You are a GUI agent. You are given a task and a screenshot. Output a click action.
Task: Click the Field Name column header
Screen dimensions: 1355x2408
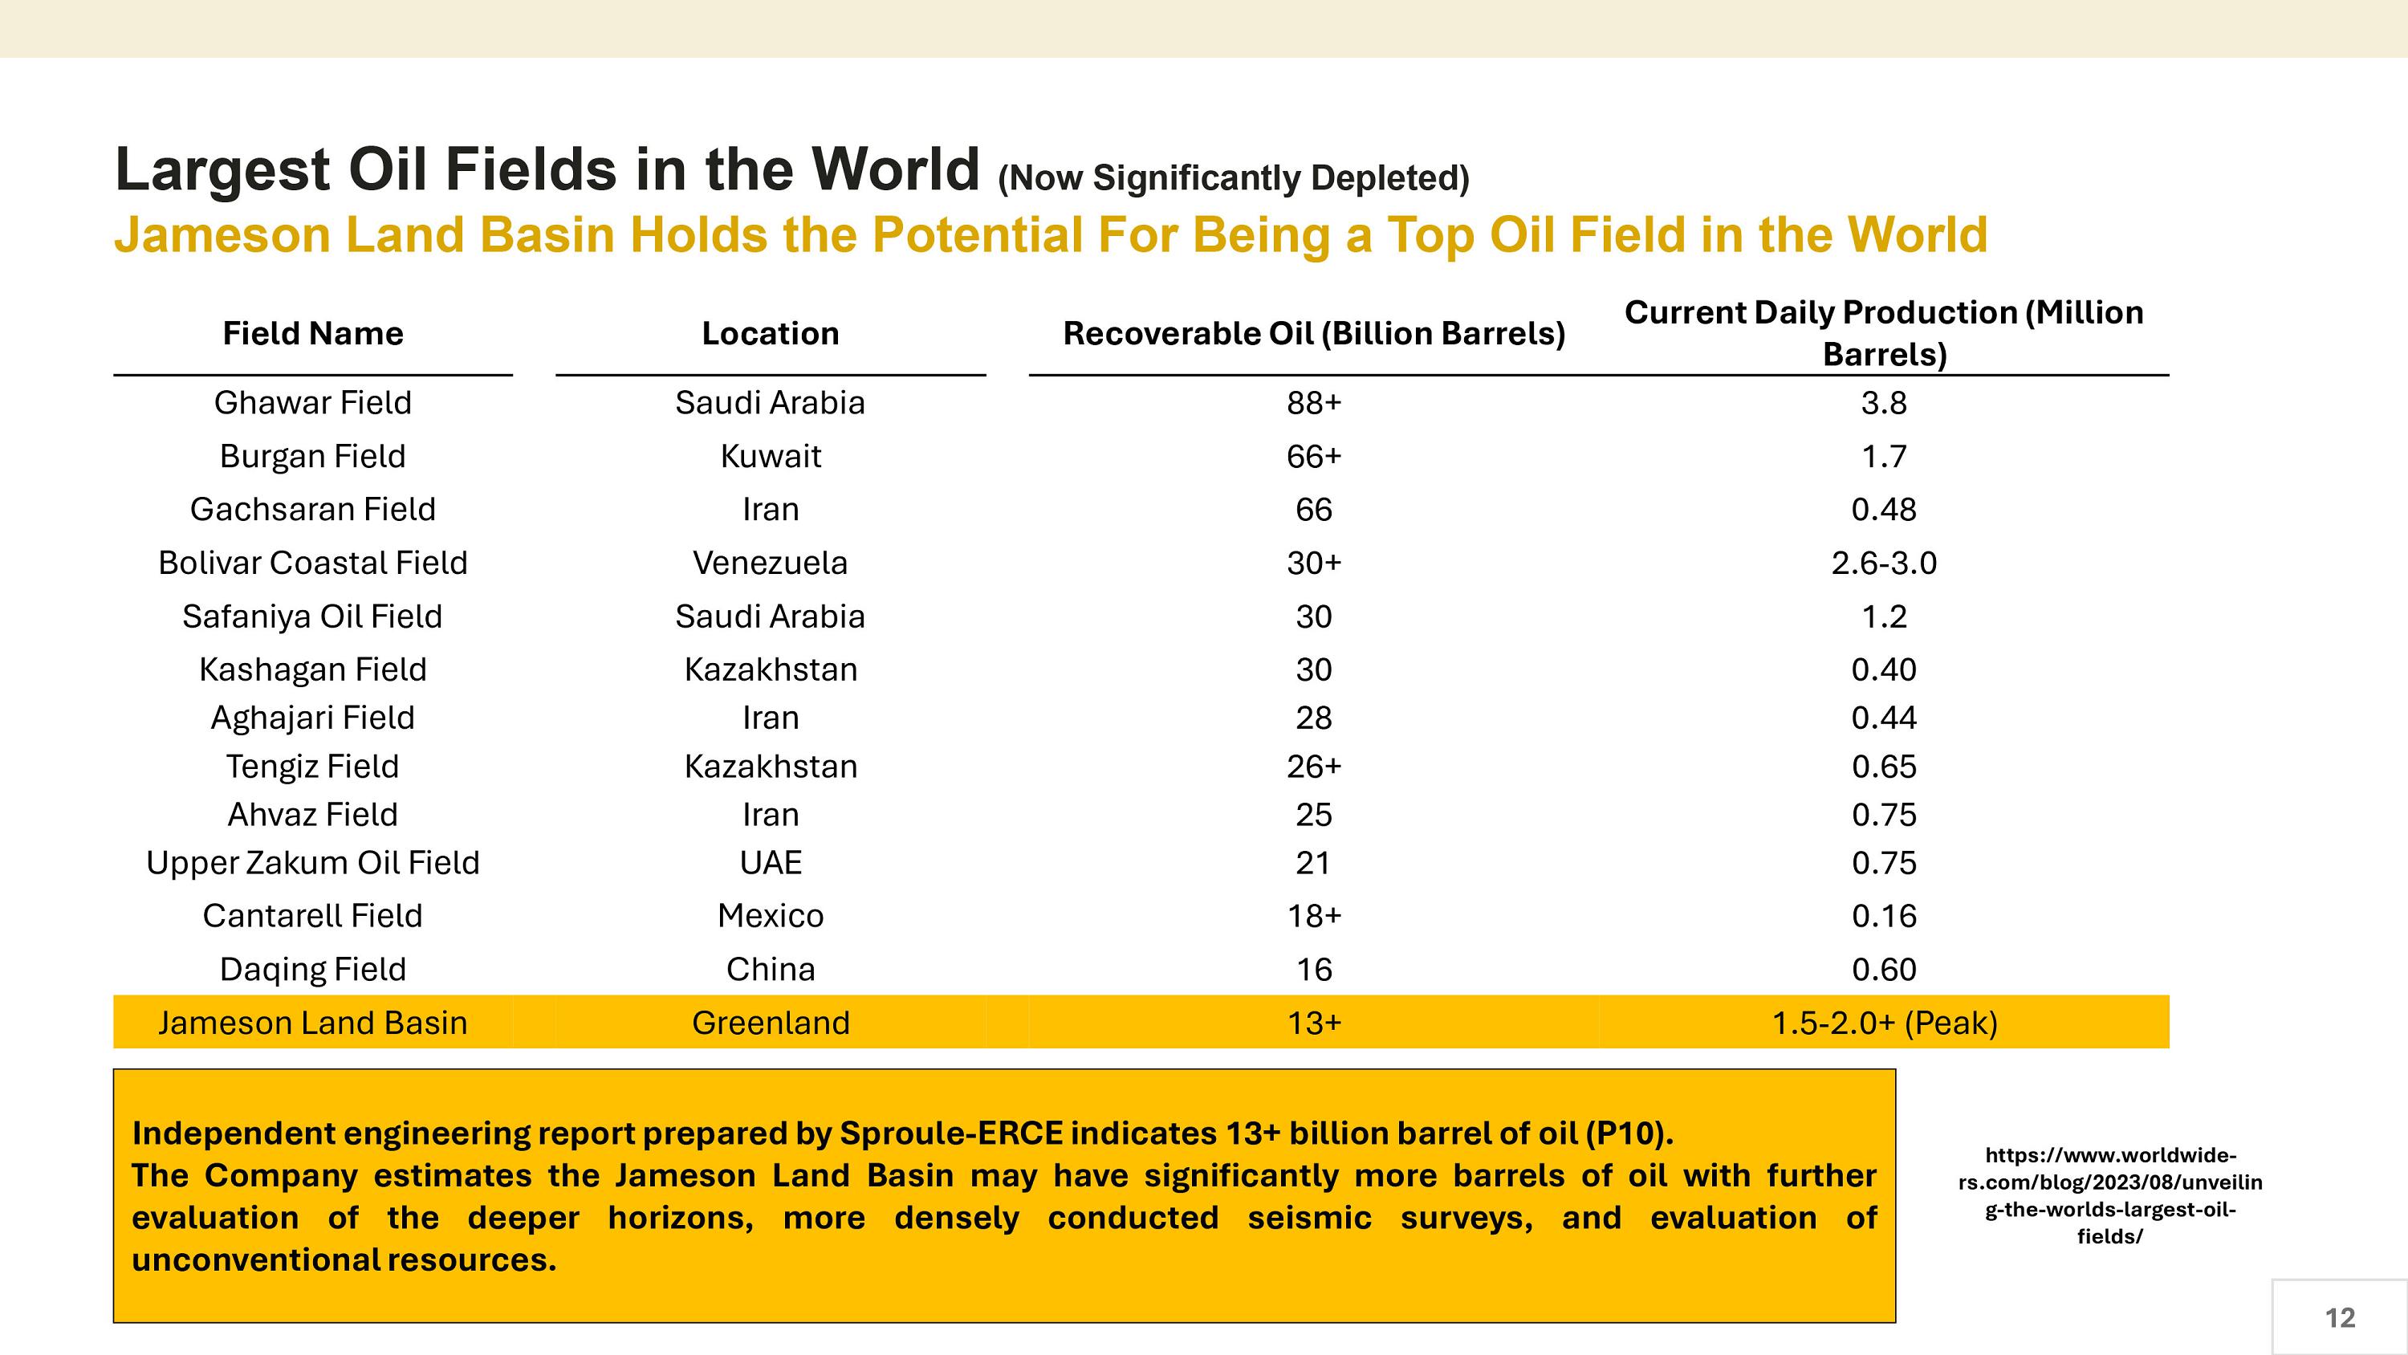tap(312, 334)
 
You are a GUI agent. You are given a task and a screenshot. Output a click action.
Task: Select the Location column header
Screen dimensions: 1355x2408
tap(771, 334)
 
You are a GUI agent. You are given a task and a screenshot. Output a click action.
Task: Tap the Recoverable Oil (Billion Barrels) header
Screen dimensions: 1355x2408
tap(1313, 334)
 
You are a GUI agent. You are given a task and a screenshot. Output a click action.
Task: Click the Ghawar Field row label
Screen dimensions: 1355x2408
tap(312, 403)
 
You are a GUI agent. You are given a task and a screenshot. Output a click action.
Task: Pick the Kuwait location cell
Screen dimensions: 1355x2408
tap(771, 456)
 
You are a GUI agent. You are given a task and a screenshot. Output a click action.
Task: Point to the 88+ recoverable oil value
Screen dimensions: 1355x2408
tap(1313, 403)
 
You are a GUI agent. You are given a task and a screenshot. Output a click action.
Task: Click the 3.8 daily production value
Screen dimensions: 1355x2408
tap(1884, 403)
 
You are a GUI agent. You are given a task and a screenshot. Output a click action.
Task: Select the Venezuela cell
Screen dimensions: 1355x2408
tap(771, 563)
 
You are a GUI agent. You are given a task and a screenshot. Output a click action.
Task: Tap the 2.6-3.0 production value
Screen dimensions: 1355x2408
tap(1884, 563)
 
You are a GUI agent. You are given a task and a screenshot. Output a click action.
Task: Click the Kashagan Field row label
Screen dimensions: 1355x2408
tap(312, 669)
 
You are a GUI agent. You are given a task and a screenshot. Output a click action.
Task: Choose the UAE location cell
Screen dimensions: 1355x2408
tap(771, 862)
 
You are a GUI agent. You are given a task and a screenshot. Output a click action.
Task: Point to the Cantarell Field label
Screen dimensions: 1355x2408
tap(312, 915)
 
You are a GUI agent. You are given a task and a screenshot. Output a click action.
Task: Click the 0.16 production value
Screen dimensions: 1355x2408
tap(1884, 915)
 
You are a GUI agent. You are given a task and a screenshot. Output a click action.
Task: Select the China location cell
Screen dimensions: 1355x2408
tap(771, 969)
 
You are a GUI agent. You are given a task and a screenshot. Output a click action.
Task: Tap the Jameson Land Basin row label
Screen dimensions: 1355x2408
tap(312, 1023)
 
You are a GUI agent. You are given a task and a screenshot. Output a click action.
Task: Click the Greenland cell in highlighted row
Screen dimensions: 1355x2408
tap(771, 1023)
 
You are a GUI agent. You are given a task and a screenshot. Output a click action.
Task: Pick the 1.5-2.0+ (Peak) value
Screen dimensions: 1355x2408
tap(1884, 1023)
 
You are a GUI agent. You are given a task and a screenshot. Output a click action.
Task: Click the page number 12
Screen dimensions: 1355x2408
tap(2339, 1317)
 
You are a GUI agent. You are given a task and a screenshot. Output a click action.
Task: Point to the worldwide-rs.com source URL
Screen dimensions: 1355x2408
tap(2109, 1195)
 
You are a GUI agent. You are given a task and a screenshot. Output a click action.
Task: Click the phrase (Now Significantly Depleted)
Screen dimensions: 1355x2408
tap(1234, 177)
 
